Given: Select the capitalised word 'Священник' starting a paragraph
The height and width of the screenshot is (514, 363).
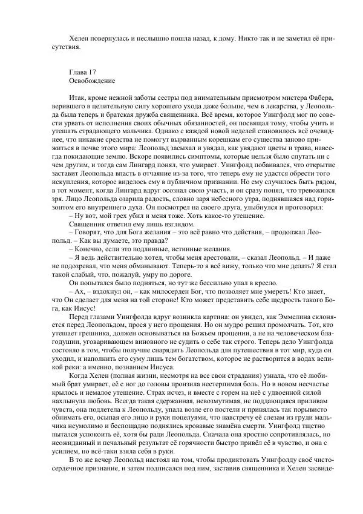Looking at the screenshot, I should point(90,225).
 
